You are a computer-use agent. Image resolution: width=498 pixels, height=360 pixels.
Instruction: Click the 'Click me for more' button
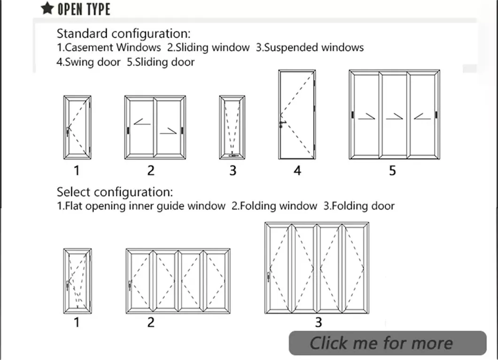pos(388,343)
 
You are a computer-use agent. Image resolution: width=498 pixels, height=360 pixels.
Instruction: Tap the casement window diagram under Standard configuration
pos(78,127)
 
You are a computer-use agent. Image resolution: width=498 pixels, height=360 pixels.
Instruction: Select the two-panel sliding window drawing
pos(155,127)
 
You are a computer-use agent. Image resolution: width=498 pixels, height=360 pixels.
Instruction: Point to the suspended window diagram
pos(232,127)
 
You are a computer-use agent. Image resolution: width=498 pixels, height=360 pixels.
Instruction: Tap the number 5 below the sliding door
pos(392,170)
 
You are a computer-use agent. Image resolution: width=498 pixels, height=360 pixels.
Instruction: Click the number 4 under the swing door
pos(297,170)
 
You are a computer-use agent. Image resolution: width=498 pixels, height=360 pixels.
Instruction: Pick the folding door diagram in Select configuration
pos(317,268)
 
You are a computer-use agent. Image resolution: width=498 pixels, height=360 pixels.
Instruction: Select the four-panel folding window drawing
pos(178,281)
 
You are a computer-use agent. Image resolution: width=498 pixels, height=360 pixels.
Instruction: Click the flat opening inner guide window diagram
pos(78,281)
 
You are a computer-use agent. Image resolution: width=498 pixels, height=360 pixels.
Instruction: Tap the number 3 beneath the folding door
pos(319,322)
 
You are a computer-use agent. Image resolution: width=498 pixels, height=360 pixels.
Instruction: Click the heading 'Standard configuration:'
pos(124,34)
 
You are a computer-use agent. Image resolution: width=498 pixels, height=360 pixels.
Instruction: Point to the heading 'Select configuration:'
pos(115,192)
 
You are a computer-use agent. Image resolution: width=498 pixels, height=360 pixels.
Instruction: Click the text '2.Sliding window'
pos(208,47)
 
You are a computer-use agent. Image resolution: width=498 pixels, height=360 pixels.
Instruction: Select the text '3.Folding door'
pos(358,206)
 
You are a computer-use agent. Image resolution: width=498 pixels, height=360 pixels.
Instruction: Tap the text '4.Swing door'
pos(89,61)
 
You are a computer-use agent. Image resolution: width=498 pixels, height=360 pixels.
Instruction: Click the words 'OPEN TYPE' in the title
pos(84,9)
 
